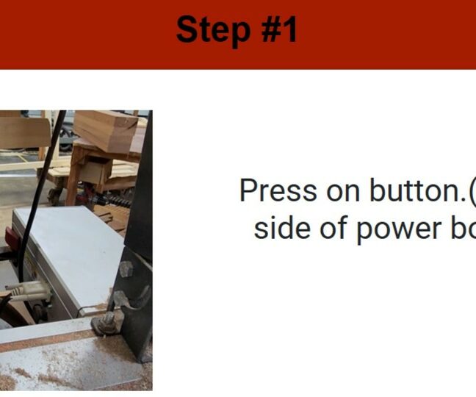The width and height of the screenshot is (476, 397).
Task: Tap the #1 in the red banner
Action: coord(279,29)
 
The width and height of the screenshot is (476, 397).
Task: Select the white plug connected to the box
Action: coord(29,291)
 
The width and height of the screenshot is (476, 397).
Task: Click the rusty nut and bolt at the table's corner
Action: coord(105,323)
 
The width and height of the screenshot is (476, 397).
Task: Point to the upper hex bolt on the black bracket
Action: coord(126,269)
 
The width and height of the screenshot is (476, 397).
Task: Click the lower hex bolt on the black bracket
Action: coord(120,298)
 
